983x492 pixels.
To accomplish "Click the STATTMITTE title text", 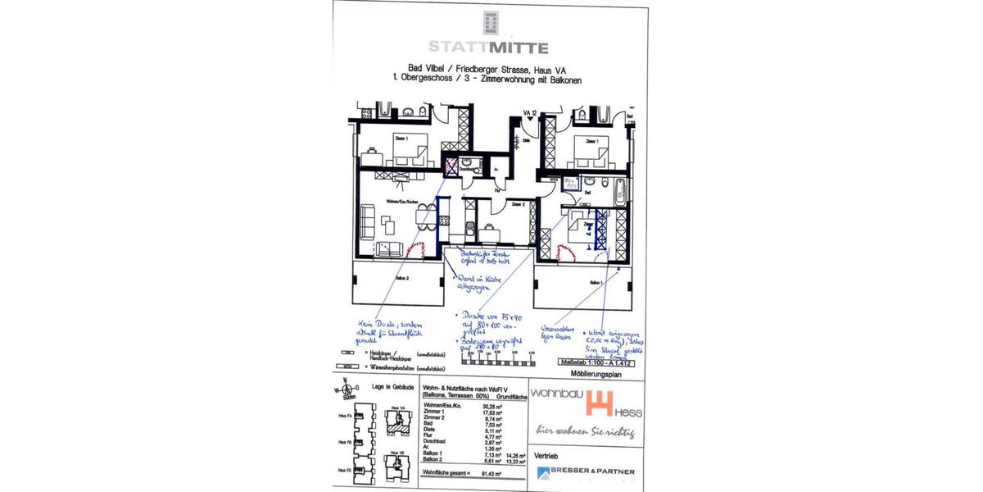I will (489, 48).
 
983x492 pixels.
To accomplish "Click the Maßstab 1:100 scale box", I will (596, 361).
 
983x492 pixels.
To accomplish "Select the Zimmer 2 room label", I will (518, 204).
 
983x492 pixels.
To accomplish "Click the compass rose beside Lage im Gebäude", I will (347, 390).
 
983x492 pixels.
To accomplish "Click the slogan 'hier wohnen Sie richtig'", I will (585, 430).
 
